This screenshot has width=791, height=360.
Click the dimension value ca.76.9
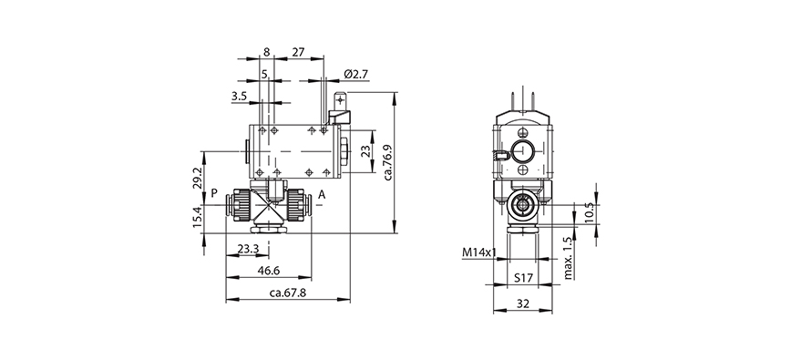click(387, 160)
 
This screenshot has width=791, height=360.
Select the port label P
click(214, 193)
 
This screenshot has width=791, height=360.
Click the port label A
click(322, 193)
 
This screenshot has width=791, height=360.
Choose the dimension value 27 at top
click(299, 53)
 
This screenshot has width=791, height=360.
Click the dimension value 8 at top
click(265, 53)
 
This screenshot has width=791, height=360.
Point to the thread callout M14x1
click(478, 252)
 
